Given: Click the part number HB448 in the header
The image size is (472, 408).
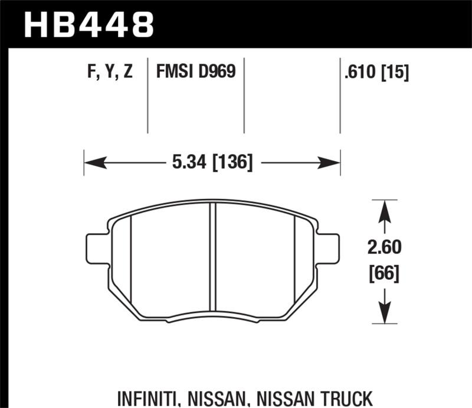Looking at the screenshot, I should point(88,24).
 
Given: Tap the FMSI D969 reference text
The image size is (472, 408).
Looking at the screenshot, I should point(195,72).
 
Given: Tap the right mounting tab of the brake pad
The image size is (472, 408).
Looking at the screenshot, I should point(329,249).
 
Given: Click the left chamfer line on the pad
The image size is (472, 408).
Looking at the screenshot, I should point(130,260).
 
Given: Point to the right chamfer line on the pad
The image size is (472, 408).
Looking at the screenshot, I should point(294,260).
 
